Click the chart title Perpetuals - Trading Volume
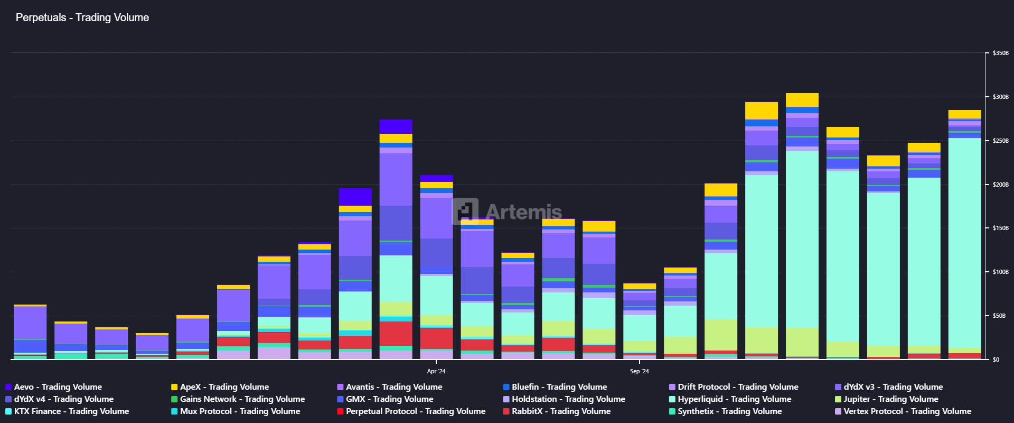coord(82,17)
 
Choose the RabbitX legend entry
coord(560,411)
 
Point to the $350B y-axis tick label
coord(1000,53)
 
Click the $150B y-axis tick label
coord(1000,228)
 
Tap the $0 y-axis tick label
coord(996,360)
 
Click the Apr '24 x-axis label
coord(436,371)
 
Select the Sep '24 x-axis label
coord(639,371)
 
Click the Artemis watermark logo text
coord(523,212)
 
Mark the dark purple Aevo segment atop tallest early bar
coord(396,127)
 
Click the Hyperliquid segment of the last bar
coord(964,238)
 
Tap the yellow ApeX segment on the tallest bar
coord(802,100)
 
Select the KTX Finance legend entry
coord(71,411)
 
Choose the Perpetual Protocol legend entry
coord(415,411)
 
